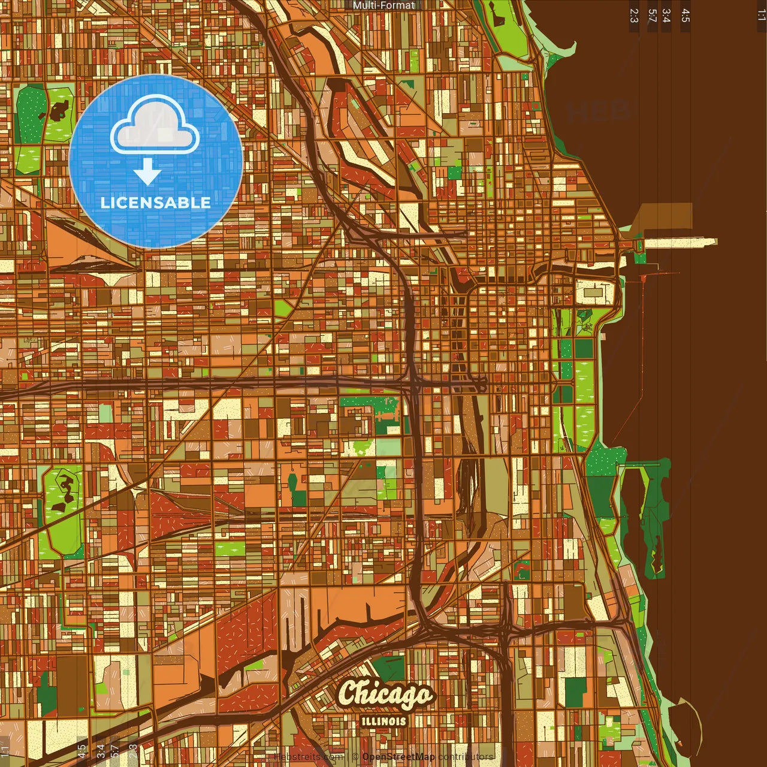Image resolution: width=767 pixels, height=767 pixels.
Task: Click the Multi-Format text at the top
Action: click(383, 5)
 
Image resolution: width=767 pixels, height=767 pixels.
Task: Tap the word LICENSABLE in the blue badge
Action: click(156, 203)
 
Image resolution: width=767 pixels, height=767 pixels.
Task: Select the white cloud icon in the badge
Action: click(155, 125)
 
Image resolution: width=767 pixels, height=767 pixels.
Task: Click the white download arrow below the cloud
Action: click(147, 171)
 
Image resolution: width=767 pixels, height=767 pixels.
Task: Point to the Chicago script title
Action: click(385, 694)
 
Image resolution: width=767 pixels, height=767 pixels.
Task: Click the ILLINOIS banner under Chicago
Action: click(383, 721)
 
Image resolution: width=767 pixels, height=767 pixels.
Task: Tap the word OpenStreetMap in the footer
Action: click(398, 757)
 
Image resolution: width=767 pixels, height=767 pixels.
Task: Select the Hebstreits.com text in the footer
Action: click(308, 757)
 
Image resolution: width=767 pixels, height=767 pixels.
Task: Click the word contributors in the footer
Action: click(466, 757)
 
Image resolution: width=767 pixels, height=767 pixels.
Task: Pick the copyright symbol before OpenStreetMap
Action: click(355, 757)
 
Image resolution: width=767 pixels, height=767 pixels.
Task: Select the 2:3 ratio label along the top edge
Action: click(634, 16)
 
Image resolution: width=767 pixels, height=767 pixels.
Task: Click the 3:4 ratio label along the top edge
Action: click(666, 16)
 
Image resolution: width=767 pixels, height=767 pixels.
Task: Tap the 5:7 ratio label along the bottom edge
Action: click(115, 752)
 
